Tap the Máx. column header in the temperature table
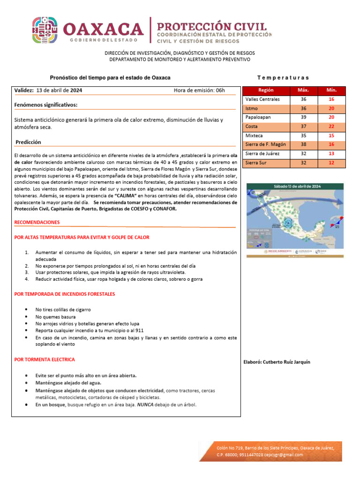(x=303, y=90)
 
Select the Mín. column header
(x=331, y=90)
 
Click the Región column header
(x=265, y=90)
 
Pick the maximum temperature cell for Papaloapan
(x=303, y=118)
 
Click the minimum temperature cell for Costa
(x=331, y=127)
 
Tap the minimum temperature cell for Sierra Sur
(x=331, y=163)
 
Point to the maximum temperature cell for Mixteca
(x=303, y=135)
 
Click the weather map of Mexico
(x=294, y=219)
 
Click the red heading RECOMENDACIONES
(x=37, y=222)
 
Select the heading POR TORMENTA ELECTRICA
(x=45, y=360)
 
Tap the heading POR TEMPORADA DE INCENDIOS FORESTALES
(x=65, y=294)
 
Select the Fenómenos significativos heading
(x=46, y=105)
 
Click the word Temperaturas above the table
(x=283, y=78)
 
